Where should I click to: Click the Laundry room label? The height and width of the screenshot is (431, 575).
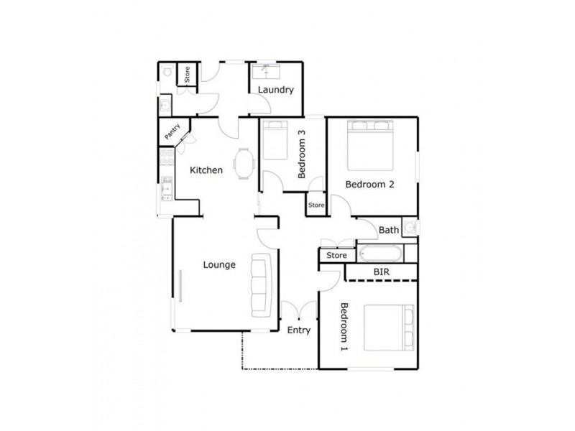[275, 90]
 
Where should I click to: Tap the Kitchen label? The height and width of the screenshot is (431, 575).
[206, 170]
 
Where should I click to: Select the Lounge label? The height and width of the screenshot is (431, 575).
[219, 264]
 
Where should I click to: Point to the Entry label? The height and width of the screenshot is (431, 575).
[299, 330]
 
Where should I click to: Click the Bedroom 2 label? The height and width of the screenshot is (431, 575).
[370, 184]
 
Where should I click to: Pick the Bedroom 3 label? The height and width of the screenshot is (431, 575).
[303, 153]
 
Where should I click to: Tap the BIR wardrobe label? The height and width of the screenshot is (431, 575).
[382, 272]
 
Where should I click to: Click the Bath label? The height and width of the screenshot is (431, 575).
[389, 230]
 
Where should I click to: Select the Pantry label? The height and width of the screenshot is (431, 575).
[172, 132]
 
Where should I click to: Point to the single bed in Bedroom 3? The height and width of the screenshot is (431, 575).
[272, 141]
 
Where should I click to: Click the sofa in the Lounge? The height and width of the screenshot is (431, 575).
[260, 285]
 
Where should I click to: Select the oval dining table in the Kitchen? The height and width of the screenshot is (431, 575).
[245, 163]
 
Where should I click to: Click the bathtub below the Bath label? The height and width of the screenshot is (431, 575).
[381, 254]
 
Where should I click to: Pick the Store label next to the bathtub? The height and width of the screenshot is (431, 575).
[336, 255]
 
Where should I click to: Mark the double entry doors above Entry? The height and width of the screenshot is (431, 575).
[299, 310]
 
